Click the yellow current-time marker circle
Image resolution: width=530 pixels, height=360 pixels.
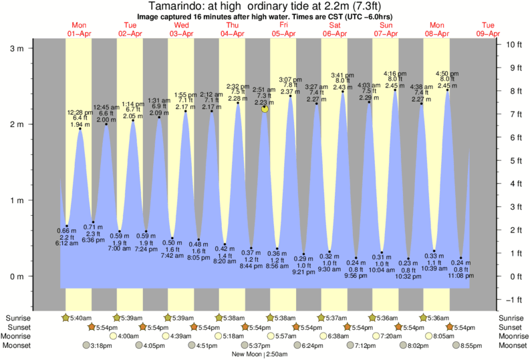pyautogui.click(x=265, y=108)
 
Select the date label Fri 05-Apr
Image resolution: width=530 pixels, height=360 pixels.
pyautogui.click(x=283, y=29)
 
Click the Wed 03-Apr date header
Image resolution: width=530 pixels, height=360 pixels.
pyautogui.click(x=181, y=29)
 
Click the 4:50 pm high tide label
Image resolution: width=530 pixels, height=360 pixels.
pyautogui.click(x=446, y=73)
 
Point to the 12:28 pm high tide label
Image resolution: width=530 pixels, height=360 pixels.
pyautogui.click(x=80, y=112)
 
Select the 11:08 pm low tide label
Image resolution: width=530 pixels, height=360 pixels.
pyautogui.click(x=461, y=275)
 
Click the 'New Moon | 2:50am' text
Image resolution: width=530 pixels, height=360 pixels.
pyautogui.click(x=265, y=355)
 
